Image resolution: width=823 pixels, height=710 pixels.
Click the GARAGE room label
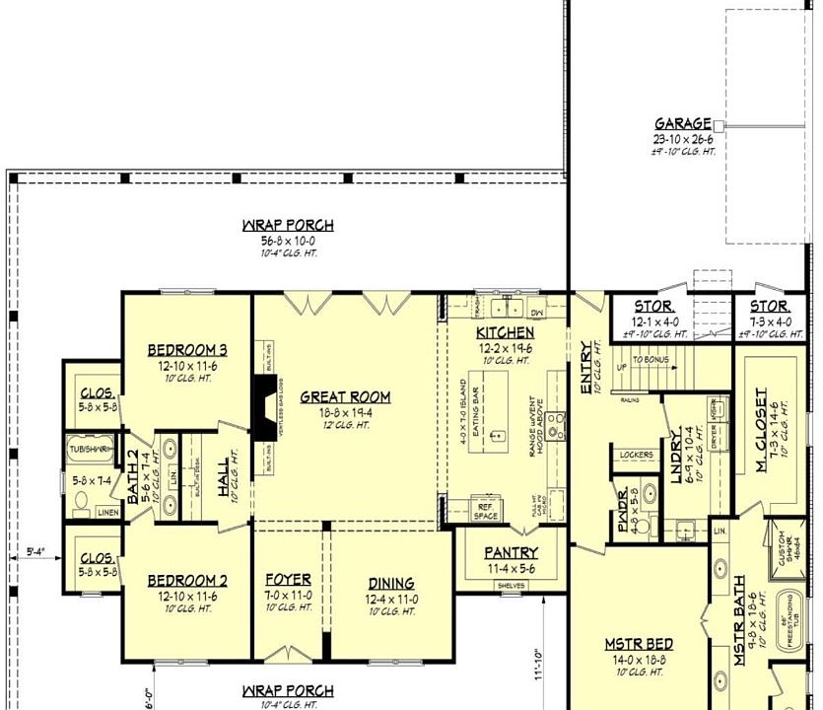coord(683,124)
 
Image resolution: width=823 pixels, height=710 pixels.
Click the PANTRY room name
coord(511,553)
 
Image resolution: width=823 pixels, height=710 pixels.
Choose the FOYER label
coord(289,580)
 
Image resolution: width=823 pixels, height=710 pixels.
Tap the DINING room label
coord(390,583)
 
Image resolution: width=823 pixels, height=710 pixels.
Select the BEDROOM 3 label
coord(187,350)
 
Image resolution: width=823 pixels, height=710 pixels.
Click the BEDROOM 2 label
coord(187,581)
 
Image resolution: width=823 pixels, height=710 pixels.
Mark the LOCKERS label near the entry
coord(637,455)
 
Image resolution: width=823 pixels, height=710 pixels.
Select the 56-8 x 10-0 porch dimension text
coord(288,240)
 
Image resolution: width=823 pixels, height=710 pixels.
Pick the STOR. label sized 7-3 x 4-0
coord(770,308)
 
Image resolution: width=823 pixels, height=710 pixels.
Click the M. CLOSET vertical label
coord(761,430)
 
